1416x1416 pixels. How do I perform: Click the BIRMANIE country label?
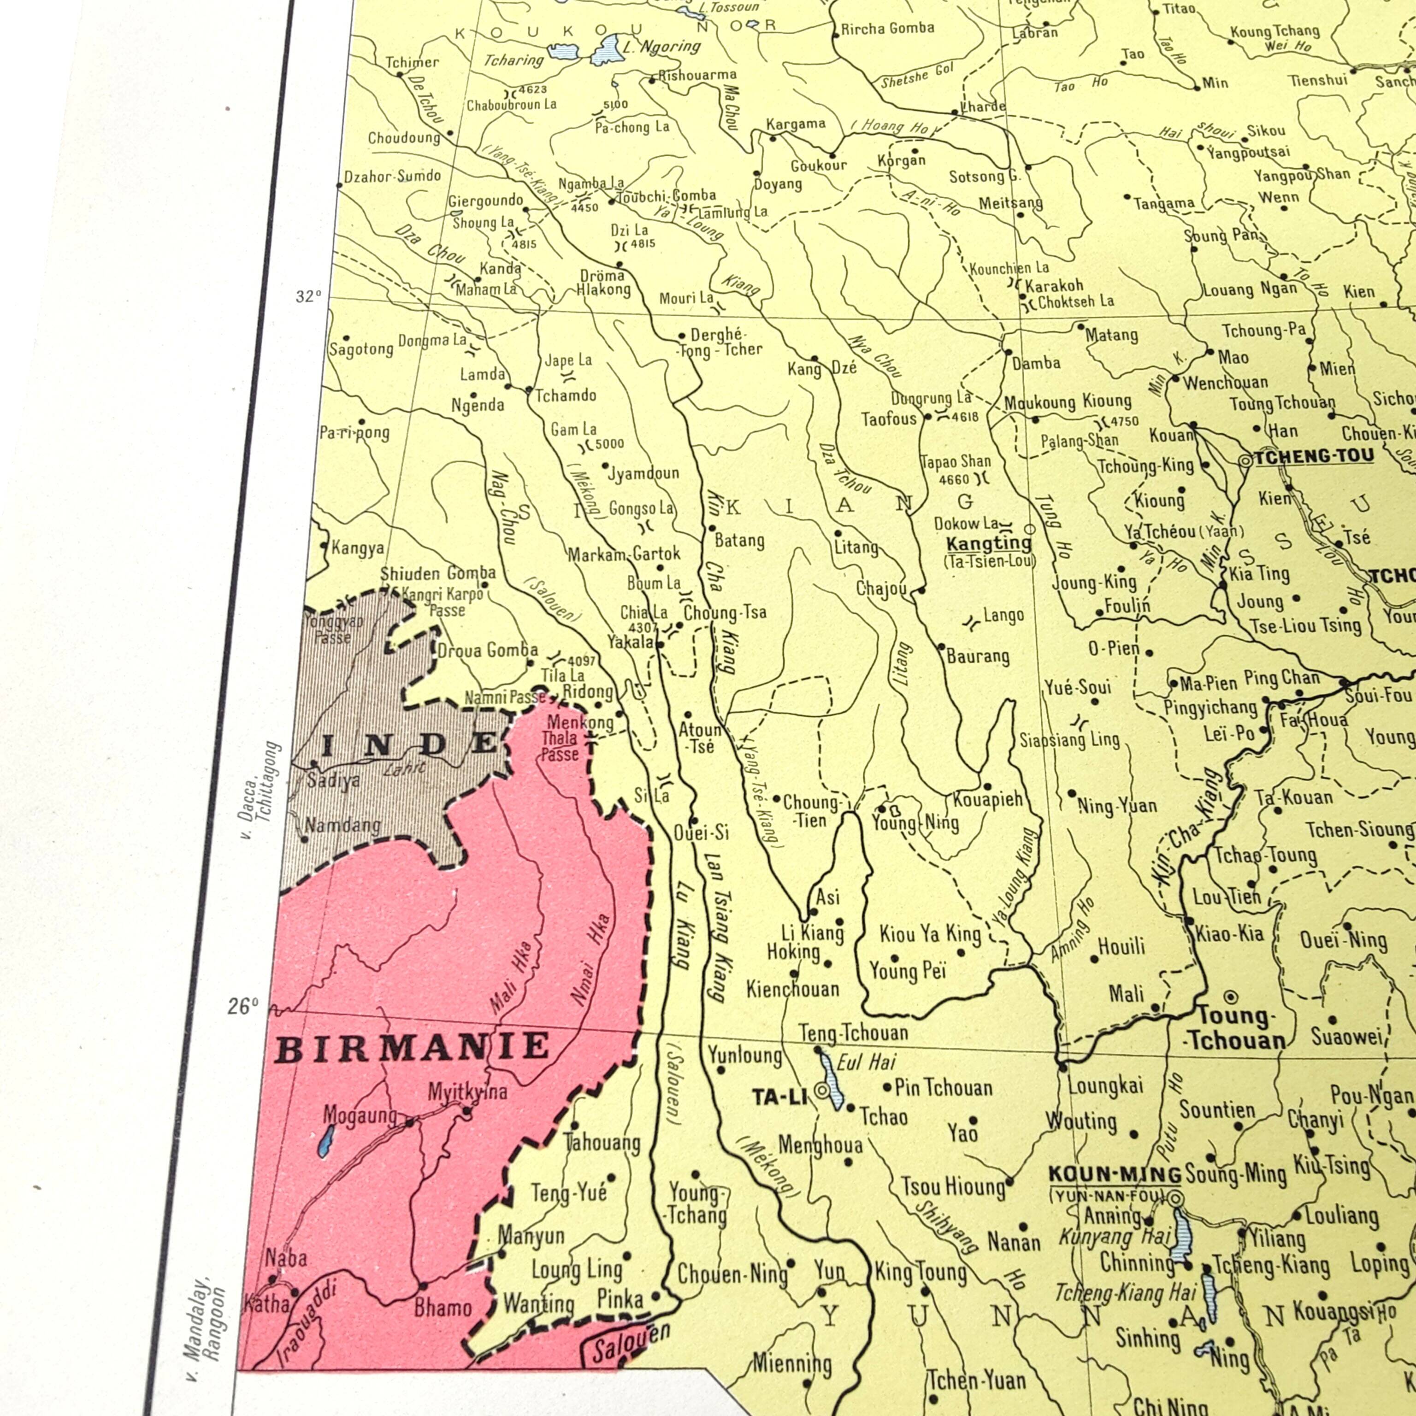[413, 1047]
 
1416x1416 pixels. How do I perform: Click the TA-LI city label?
[779, 1097]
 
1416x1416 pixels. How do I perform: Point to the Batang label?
[739, 540]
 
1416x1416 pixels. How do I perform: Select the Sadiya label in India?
[333, 780]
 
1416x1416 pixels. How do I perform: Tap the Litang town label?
[855, 547]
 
